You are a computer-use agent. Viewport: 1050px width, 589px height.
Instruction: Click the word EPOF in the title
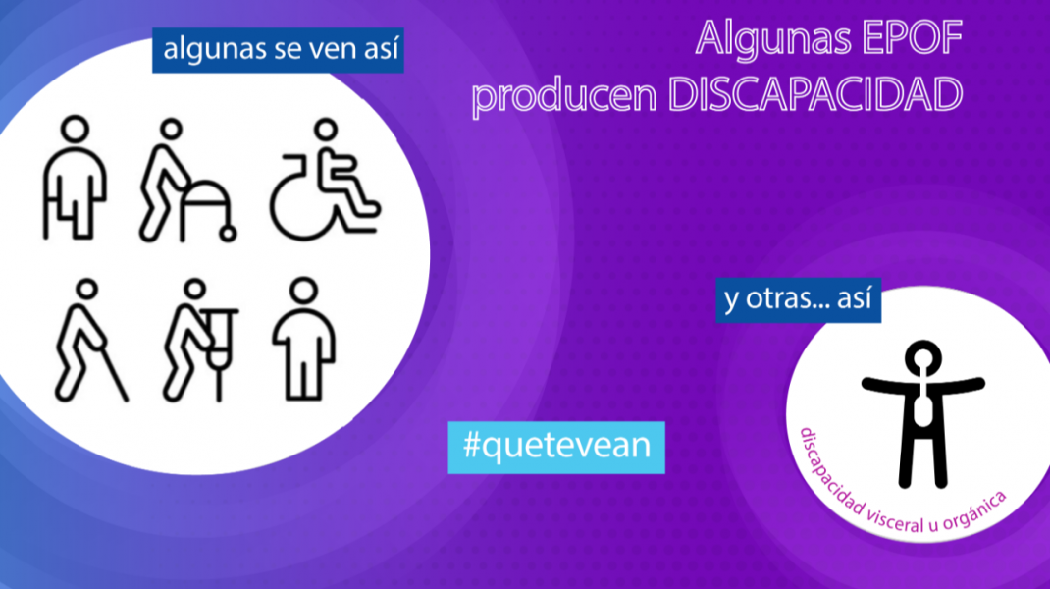click(912, 38)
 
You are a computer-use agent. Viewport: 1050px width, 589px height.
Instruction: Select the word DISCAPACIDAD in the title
click(815, 94)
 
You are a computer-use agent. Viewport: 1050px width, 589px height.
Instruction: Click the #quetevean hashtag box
click(556, 448)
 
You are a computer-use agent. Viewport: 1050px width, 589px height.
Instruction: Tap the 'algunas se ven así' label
click(278, 50)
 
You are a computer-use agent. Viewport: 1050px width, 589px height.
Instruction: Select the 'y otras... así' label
click(798, 300)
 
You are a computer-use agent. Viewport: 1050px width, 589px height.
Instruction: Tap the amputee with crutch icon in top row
click(75, 177)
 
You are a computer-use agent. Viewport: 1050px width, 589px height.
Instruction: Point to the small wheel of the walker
click(229, 234)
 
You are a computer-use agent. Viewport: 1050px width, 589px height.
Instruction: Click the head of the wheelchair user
click(326, 130)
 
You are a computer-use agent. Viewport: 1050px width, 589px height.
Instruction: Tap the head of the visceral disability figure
click(922, 358)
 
